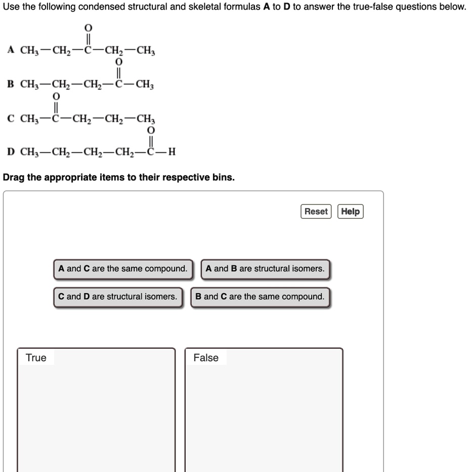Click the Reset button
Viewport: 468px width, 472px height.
(x=316, y=211)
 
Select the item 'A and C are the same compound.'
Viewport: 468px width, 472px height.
(x=123, y=269)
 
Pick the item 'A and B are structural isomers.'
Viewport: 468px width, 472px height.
(x=265, y=269)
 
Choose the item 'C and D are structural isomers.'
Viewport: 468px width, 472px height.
(x=118, y=297)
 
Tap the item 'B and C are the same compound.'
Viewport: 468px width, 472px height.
(x=260, y=297)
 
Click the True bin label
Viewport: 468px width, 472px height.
(x=36, y=358)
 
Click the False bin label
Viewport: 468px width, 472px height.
(x=206, y=358)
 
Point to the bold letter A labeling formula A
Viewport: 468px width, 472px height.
(x=10, y=50)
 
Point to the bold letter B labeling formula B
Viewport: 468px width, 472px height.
(x=10, y=84)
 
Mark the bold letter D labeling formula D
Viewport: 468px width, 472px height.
(x=11, y=152)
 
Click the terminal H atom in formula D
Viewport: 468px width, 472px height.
(x=172, y=152)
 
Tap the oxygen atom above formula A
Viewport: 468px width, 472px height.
(x=89, y=27)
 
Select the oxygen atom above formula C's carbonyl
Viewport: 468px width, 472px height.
(x=56, y=96)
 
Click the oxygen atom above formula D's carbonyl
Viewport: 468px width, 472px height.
(x=150, y=130)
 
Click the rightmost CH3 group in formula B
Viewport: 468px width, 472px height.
(x=145, y=85)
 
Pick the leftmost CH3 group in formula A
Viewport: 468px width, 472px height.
(x=29, y=51)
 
